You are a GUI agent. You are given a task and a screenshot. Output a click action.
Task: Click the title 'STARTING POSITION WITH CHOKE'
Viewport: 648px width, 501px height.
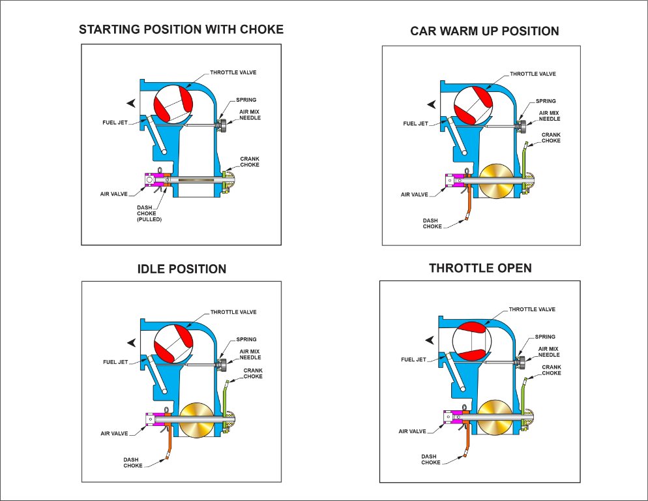181,29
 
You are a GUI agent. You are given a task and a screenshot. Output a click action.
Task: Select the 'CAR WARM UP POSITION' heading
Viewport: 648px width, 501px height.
484,31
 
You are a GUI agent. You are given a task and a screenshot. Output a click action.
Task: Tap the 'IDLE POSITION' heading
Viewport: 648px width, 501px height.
182,269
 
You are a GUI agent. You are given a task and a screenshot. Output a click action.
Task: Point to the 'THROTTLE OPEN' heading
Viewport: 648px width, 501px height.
480,268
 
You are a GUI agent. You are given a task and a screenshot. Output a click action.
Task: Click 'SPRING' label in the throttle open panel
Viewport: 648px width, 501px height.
544,337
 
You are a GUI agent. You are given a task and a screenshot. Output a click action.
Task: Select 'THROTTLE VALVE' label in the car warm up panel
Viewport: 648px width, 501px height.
533,74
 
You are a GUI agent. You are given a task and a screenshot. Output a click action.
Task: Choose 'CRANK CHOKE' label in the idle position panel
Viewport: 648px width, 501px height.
253,373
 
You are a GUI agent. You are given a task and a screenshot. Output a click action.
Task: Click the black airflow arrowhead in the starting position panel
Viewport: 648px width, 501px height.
132,102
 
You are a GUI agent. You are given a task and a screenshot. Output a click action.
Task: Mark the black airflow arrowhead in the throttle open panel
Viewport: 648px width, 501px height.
430,339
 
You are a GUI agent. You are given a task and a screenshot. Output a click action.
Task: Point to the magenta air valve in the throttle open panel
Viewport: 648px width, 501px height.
451,416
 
